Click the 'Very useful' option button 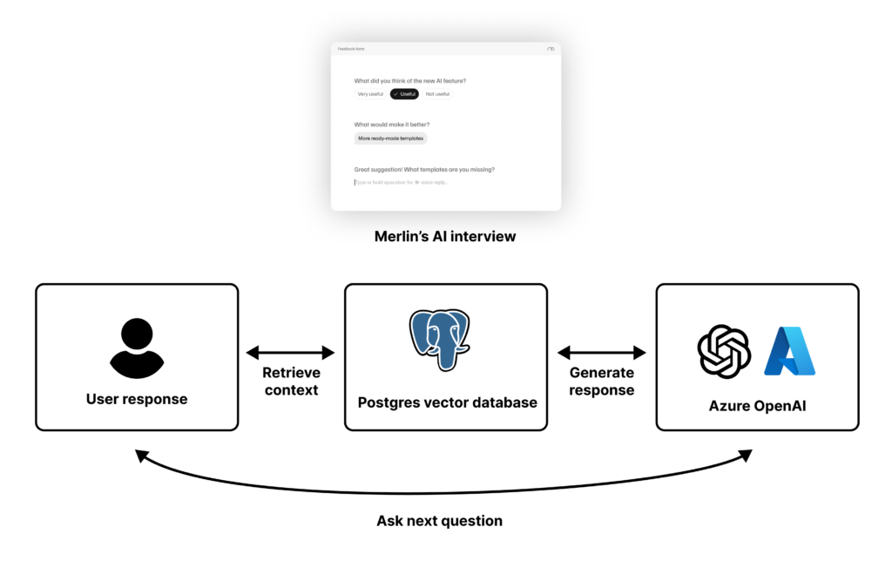370,94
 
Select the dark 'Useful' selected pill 404,94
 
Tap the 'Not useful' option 437,94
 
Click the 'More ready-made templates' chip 390,139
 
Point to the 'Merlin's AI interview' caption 445,236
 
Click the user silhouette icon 136,348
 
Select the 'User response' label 137,400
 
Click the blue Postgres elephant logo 440,340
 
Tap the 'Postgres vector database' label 447,402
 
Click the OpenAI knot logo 724,351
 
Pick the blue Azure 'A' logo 789,351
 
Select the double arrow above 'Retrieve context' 291,353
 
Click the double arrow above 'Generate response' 602,353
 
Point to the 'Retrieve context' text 291,382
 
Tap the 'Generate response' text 602,382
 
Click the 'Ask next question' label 439,521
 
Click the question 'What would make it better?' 392,125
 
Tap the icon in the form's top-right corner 551,50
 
